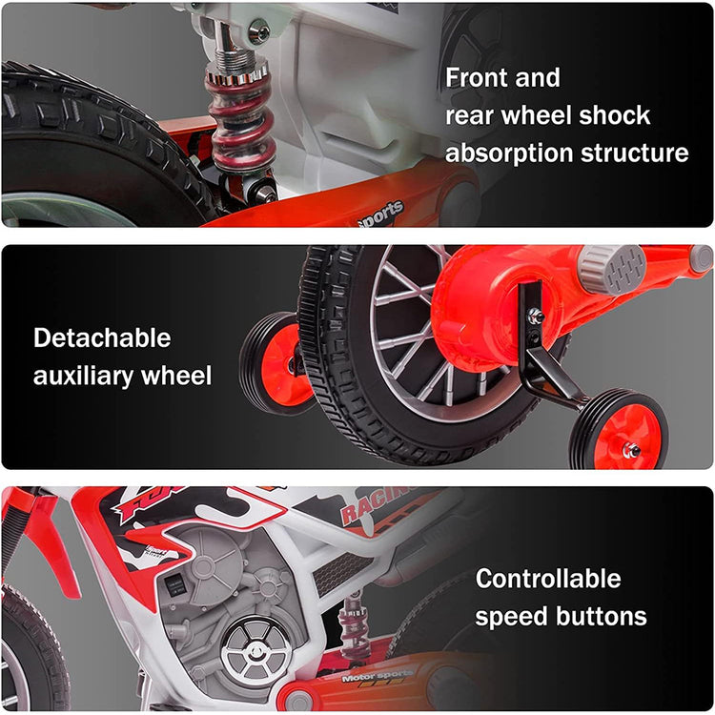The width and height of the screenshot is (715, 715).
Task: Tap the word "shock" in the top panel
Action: (614, 115)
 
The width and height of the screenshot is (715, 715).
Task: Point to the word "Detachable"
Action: (102, 337)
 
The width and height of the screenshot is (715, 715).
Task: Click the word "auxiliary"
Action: (84, 377)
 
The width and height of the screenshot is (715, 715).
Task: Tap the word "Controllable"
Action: (547, 579)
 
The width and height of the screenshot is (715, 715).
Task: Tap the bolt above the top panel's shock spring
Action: (259, 31)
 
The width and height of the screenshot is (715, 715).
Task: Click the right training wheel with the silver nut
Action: (619, 430)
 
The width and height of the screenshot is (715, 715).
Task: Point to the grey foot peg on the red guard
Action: (612, 270)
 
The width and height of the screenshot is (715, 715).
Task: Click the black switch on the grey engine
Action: (174, 585)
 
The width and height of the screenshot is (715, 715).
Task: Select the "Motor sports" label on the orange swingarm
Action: (378, 676)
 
